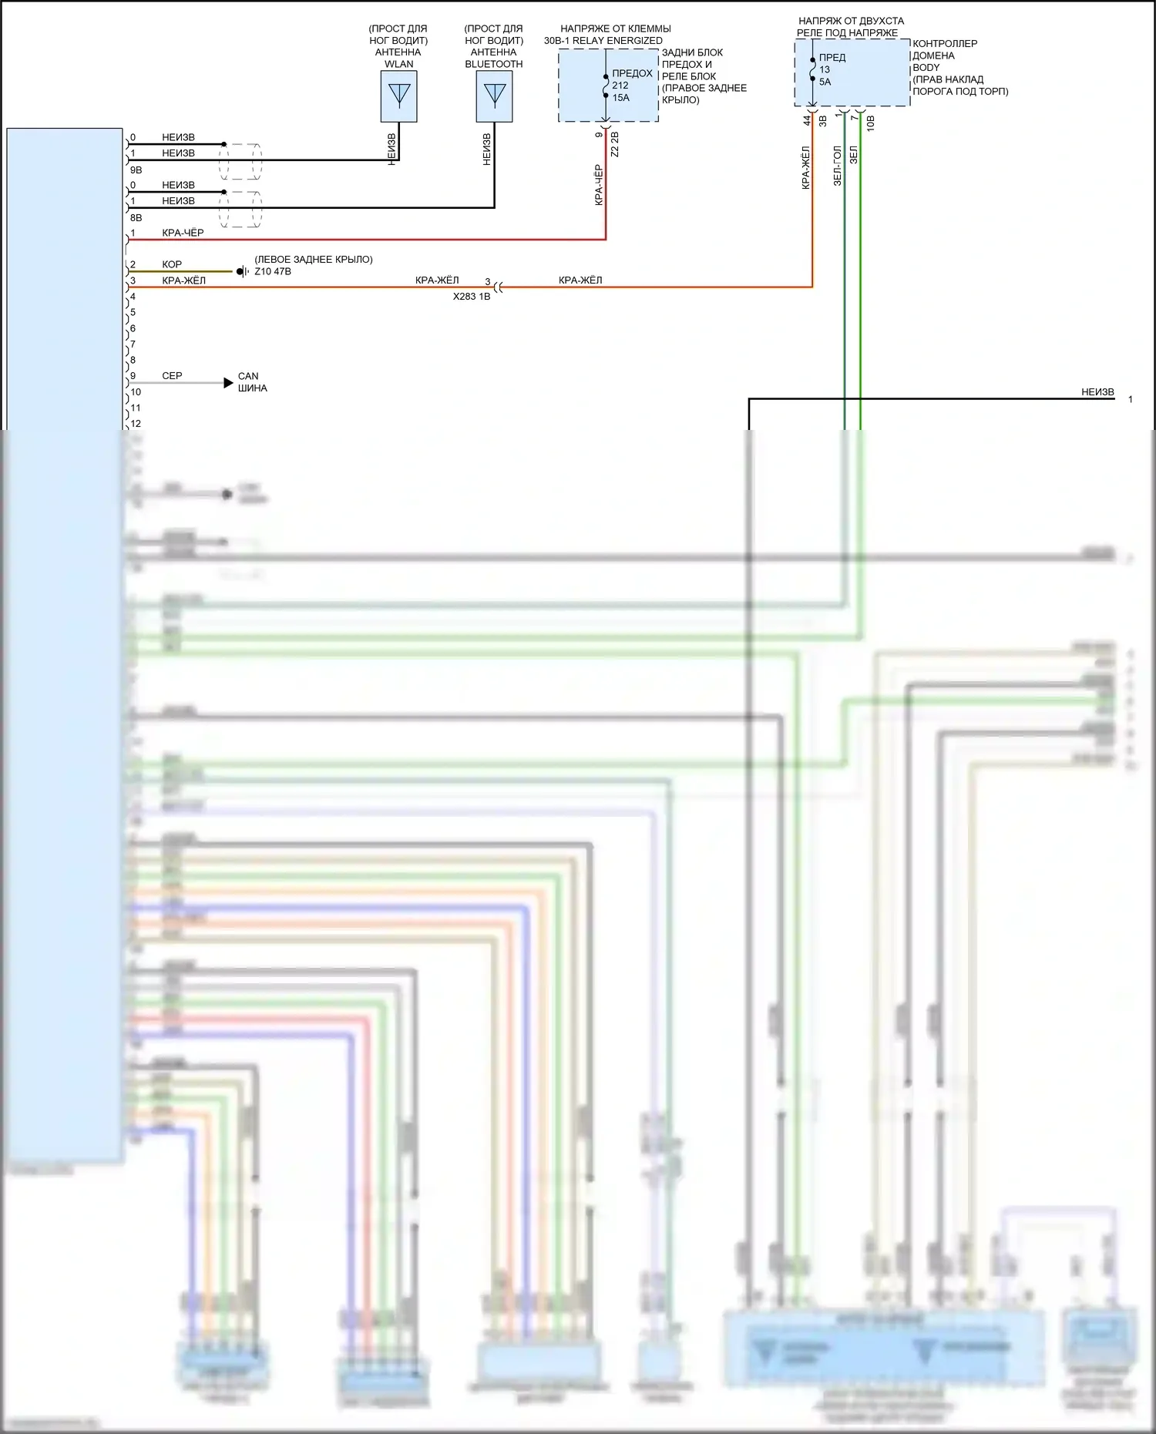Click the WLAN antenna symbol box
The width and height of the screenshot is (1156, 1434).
click(398, 96)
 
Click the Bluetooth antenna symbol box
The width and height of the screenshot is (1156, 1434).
click(494, 96)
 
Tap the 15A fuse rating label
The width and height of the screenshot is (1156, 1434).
click(621, 98)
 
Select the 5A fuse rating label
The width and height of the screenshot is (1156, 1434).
click(825, 82)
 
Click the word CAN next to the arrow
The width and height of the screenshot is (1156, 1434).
click(248, 376)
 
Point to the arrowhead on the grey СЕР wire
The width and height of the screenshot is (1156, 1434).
click(228, 383)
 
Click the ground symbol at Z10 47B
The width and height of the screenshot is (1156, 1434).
click(241, 271)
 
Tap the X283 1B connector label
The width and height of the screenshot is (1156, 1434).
click(472, 296)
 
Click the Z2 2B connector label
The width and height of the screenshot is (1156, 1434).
click(614, 144)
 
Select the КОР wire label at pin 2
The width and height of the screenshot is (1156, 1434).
click(172, 264)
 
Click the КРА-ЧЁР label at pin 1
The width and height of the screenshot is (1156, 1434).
click(183, 233)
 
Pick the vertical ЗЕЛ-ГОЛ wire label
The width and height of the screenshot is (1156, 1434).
click(838, 166)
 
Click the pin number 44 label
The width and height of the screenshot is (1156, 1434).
click(807, 120)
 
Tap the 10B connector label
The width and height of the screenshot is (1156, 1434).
click(870, 123)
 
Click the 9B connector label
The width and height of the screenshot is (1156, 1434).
click(136, 170)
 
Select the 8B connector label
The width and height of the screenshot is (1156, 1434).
click(136, 217)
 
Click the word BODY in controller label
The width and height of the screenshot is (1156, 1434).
click(926, 68)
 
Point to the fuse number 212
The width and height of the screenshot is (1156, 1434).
click(620, 86)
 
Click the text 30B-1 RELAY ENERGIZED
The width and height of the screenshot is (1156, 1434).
click(603, 40)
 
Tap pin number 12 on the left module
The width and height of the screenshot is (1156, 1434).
click(136, 423)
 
